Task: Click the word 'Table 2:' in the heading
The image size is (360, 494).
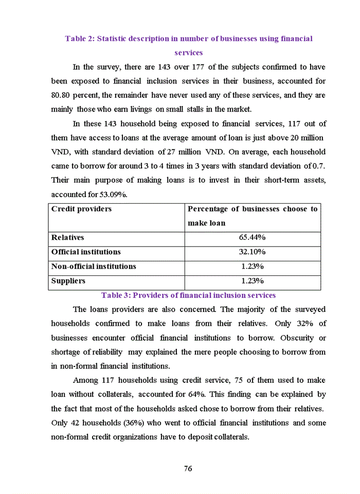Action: click(x=79, y=39)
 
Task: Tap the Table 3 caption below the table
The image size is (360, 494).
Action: click(x=188, y=295)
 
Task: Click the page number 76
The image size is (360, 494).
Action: click(x=188, y=468)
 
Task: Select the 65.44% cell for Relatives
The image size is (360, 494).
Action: click(x=252, y=238)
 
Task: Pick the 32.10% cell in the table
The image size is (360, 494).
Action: click(x=252, y=252)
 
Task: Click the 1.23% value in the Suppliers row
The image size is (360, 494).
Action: click(x=252, y=281)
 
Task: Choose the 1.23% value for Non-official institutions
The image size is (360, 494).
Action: click(x=252, y=267)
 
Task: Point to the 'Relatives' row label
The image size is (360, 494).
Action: click(x=67, y=238)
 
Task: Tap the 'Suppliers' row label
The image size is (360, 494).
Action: click(x=68, y=281)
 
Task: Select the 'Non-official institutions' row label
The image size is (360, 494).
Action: click(x=94, y=267)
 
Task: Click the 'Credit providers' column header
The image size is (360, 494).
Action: click(x=81, y=209)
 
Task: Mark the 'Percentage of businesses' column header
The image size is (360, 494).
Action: click(x=252, y=209)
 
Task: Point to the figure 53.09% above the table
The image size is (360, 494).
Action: click(x=112, y=195)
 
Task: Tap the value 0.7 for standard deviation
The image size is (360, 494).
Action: click(x=319, y=166)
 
